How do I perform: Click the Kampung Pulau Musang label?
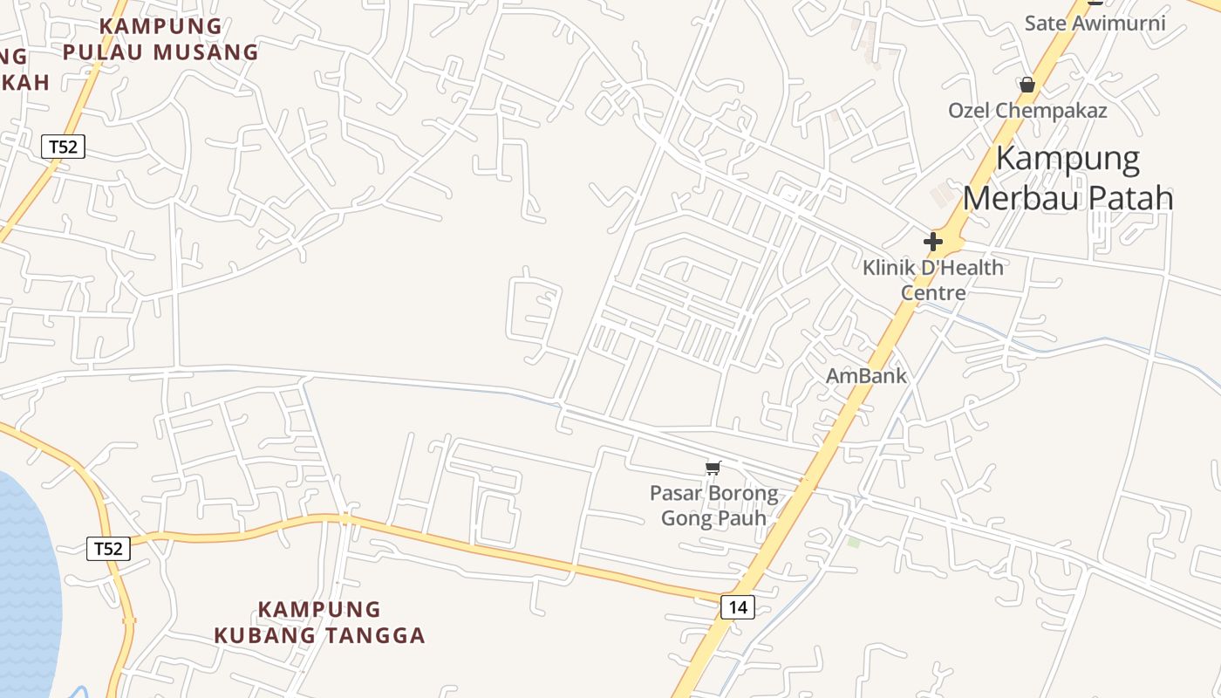click(x=160, y=39)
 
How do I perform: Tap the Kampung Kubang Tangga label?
click(x=320, y=622)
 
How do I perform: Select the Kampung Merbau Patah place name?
click(x=1068, y=179)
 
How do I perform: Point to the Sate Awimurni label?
click(x=1095, y=23)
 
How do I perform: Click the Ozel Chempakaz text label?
click(x=1027, y=111)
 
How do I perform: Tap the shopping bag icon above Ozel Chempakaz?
click(x=1027, y=85)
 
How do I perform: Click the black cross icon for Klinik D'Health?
click(x=933, y=242)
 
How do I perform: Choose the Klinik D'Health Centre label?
click(x=933, y=279)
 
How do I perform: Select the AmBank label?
click(x=866, y=376)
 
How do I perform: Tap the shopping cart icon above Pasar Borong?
click(x=713, y=469)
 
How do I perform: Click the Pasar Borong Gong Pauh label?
click(x=713, y=505)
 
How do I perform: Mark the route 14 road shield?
click(x=737, y=607)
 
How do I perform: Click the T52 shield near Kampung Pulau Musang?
click(x=63, y=147)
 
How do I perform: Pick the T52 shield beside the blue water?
click(x=108, y=549)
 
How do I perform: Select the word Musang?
click(x=209, y=52)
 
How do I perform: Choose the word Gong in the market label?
click(x=682, y=518)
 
